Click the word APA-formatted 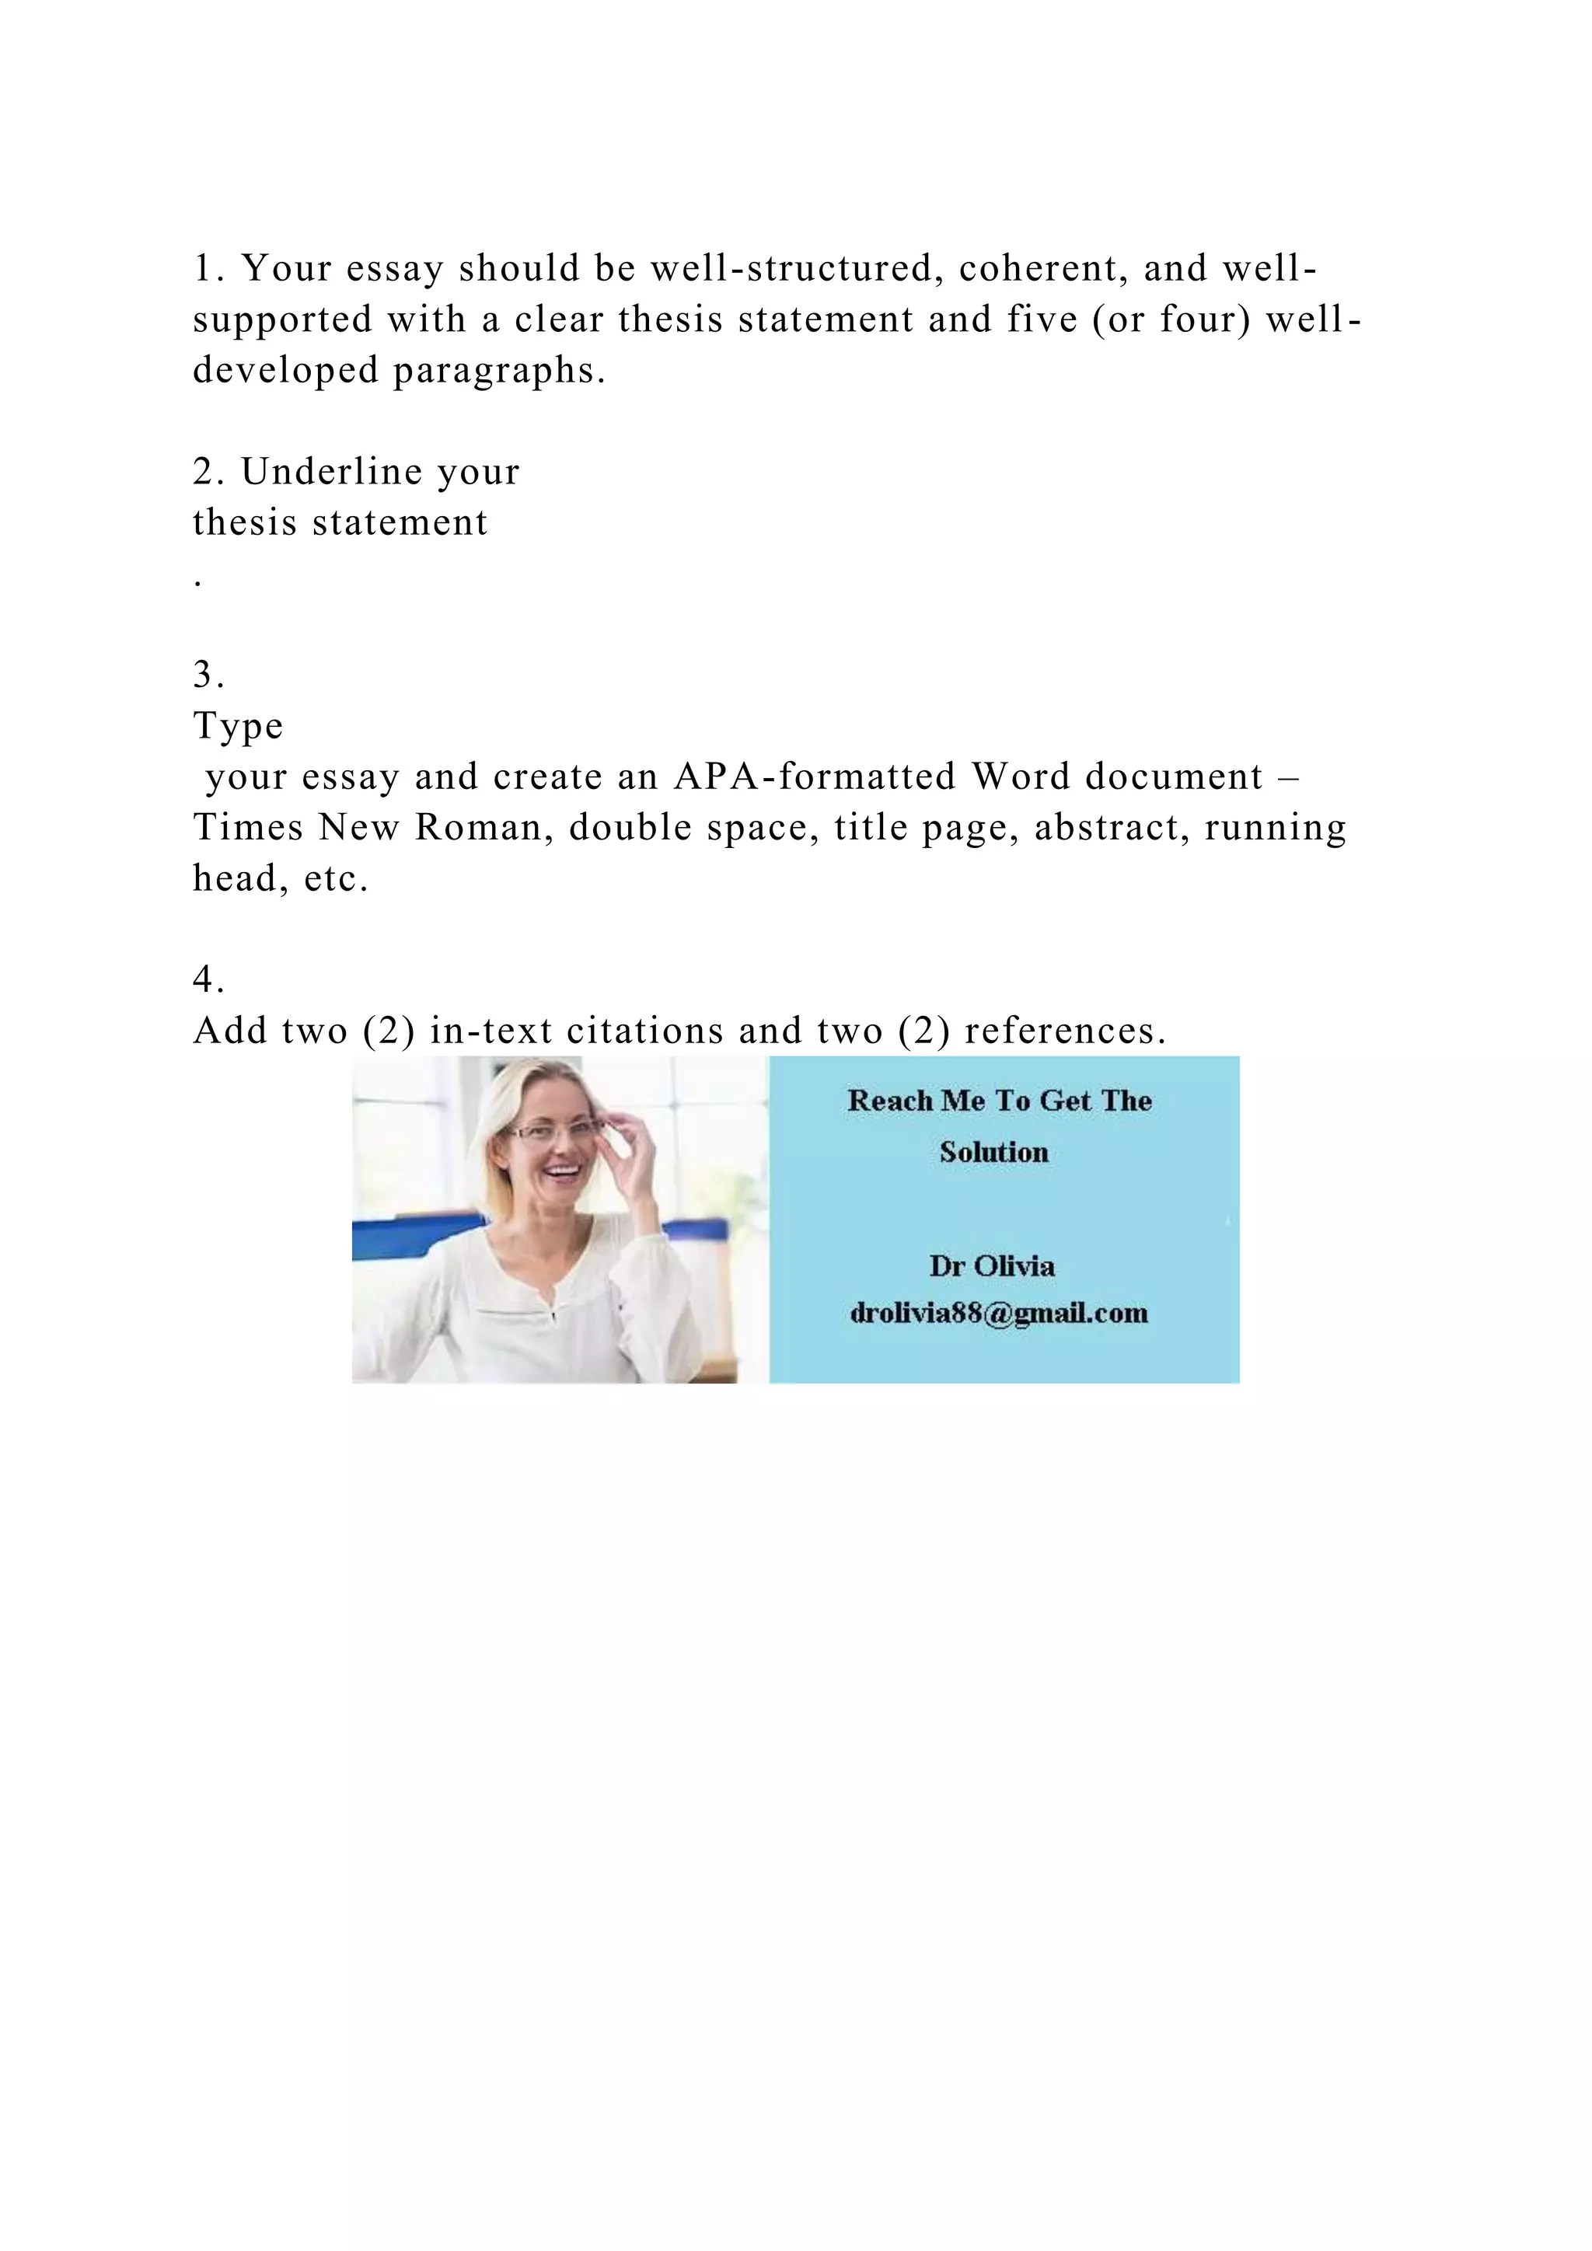click(815, 777)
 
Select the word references click(1066, 1031)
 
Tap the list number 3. click(208, 675)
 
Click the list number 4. click(208, 979)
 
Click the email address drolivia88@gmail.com click(999, 1313)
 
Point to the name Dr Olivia click(992, 1265)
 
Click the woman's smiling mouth click(560, 1170)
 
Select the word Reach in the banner click(889, 1101)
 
